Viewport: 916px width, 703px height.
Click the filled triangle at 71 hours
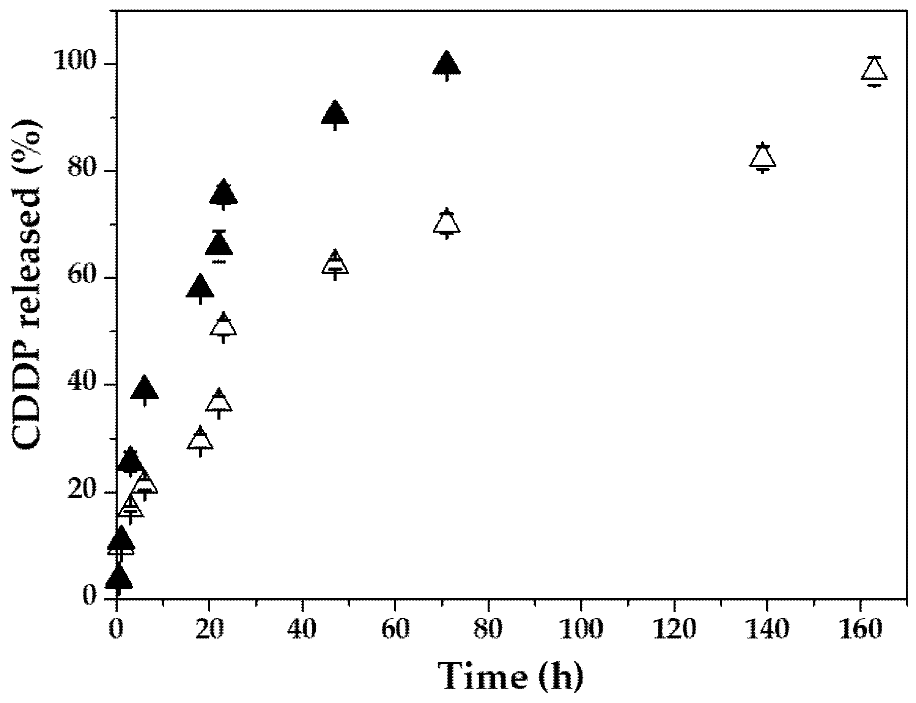(x=447, y=65)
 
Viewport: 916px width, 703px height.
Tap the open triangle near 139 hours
(x=763, y=157)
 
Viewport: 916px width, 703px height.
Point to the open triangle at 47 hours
(x=335, y=264)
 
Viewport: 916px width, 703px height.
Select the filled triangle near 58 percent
(x=200, y=288)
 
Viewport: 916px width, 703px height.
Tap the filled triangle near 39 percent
(x=144, y=389)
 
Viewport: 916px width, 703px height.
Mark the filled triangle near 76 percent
(x=223, y=194)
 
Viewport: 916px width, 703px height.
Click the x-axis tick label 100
(x=581, y=629)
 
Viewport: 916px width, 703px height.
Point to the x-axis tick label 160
(x=860, y=629)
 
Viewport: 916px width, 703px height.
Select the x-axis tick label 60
(x=395, y=629)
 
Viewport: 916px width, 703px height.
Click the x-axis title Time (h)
(x=510, y=676)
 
